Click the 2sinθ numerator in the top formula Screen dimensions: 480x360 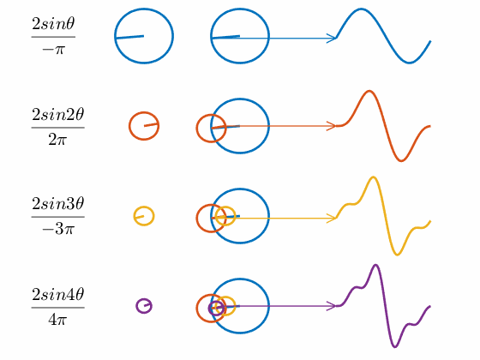pyautogui.click(x=53, y=24)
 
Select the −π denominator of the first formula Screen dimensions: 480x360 pyautogui.click(x=53, y=49)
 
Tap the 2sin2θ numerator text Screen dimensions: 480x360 pyautogui.click(x=58, y=115)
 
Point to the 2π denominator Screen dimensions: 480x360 pyautogui.click(x=57, y=140)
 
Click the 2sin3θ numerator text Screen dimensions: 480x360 pyautogui.click(x=58, y=204)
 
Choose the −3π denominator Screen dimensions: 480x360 pyautogui.click(x=58, y=229)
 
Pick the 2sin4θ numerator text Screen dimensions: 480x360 pyautogui.click(x=58, y=294)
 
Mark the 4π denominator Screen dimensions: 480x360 pyautogui.click(x=57, y=320)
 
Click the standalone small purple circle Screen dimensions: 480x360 pyautogui.click(x=137, y=306)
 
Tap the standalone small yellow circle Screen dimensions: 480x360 pyautogui.click(x=134, y=216)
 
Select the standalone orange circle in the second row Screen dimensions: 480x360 pyautogui.click(x=129, y=126)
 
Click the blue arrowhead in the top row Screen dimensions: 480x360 pyautogui.click(x=332, y=39)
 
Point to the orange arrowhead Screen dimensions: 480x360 pyautogui.click(x=332, y=126)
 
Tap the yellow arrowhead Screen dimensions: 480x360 pyautogui.click(x=332, y=219)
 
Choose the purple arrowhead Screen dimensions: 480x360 pyautogui.click(x=332, y=306)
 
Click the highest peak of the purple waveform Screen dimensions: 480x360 pyautogui.click(x=376, y=265)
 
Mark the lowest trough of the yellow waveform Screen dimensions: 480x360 pyautogui.click(x=397, y=254)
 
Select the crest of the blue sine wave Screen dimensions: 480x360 pyautogui.click(x=361, y=9)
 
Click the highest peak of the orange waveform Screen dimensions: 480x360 pyautogui.click(x=369, y=91)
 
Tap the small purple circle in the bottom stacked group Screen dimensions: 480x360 pyautogui.click(x=209, y=309)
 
